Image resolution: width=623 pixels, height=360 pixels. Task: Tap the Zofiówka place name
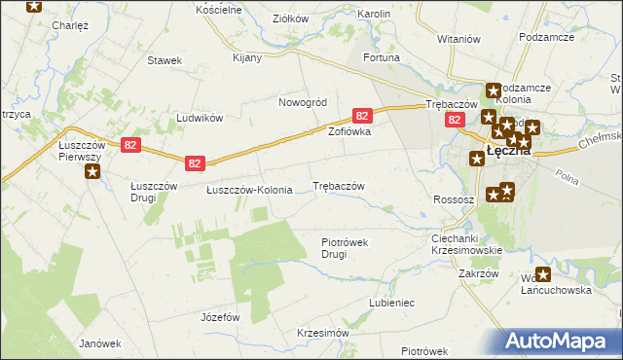pos(349,131)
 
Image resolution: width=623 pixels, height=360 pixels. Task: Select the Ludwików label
pos(200,118)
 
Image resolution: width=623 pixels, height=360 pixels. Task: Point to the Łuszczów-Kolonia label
pos(249,190)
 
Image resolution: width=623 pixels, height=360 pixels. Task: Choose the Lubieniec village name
pos(391,303)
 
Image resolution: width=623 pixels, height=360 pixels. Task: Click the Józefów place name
pos(219,317)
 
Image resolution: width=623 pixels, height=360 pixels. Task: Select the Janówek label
pos(99,343)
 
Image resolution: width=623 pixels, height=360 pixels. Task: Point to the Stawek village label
pos(165,60)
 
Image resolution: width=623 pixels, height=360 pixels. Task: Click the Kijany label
pos(247,57)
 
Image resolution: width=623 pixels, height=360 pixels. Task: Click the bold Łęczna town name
pos(507,151)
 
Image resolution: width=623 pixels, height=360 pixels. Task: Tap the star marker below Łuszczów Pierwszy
pos(92,173)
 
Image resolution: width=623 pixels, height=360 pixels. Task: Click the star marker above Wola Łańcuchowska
pos(543,275)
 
